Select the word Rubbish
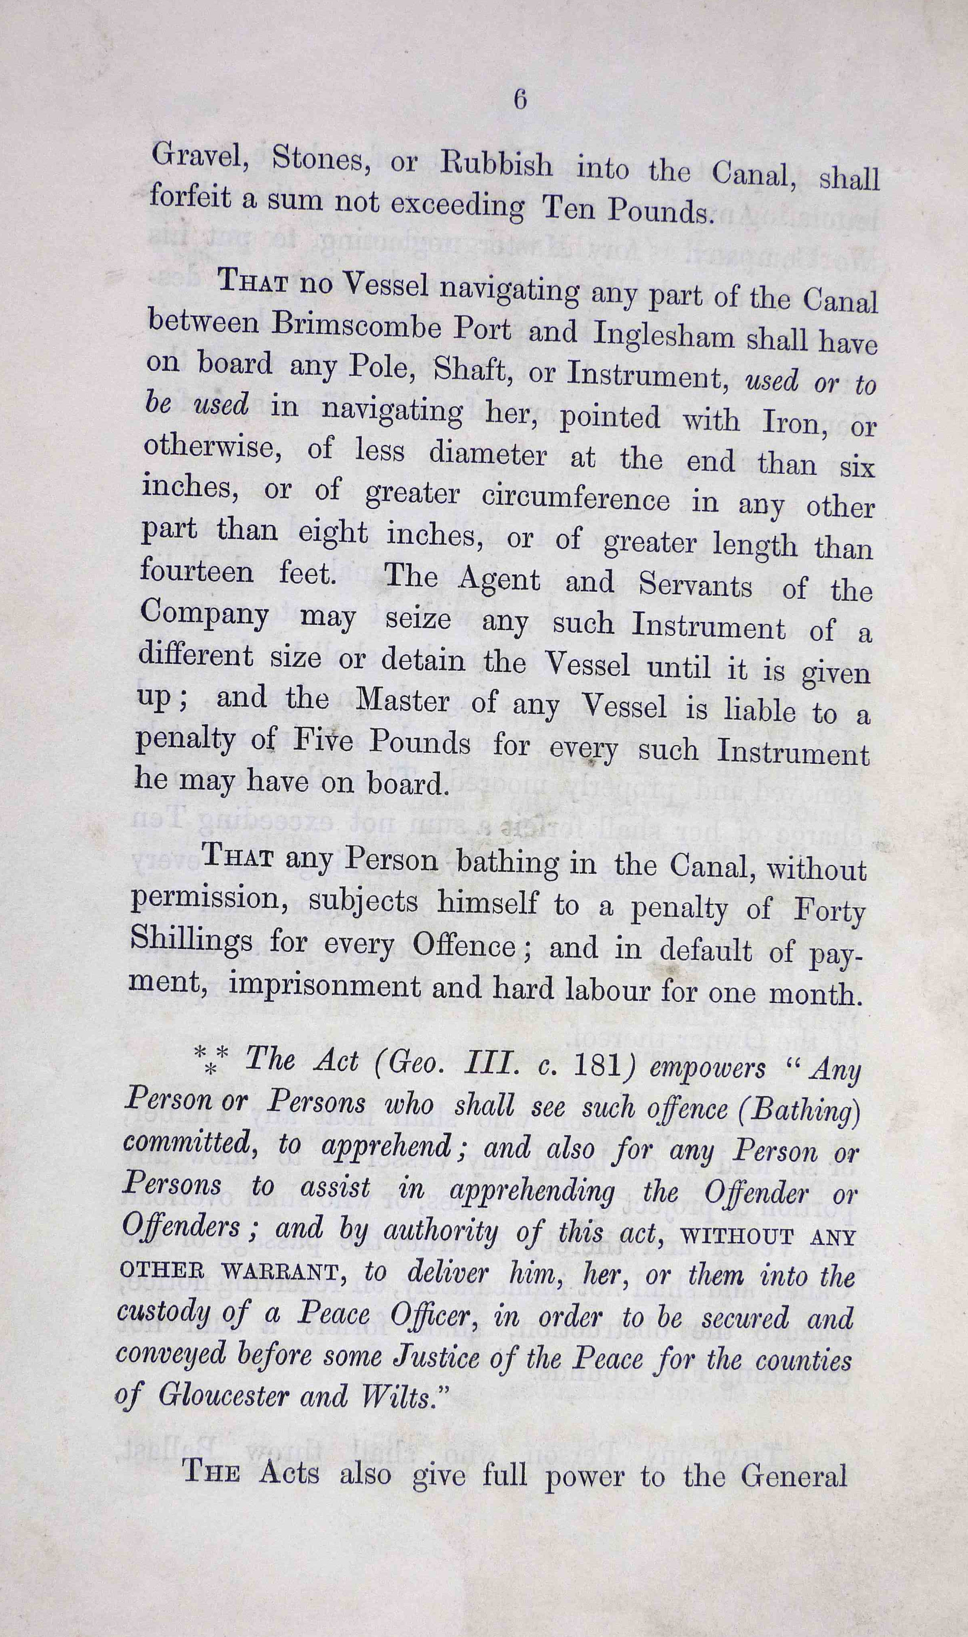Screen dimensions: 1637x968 point(496,166)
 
